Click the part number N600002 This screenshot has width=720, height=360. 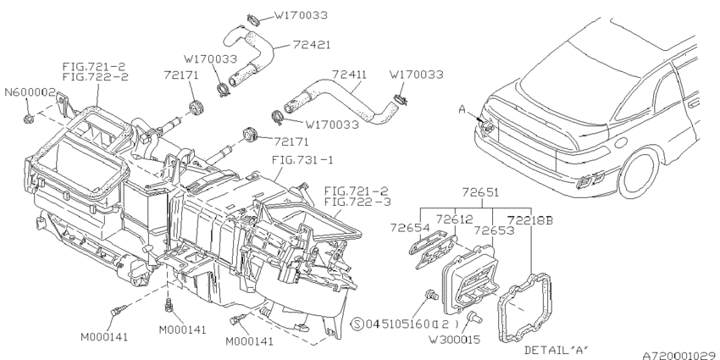[x=30, y=92]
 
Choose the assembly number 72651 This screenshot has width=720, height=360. [x=479, y=193]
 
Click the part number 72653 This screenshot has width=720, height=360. [x=493, y=229]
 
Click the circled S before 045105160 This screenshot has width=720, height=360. [x=357, y=324]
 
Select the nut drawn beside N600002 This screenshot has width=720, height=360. [x=30, y=114]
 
